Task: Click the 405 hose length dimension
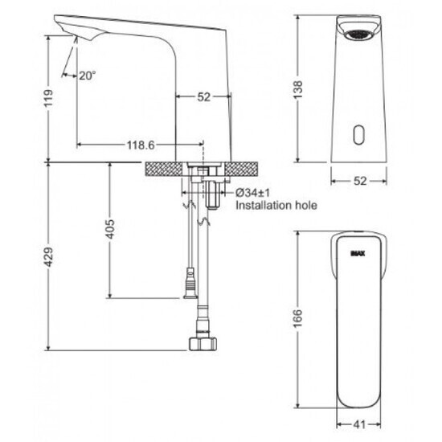(110, 231)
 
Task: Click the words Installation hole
(276, 206)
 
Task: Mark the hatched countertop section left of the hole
(163, 168)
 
